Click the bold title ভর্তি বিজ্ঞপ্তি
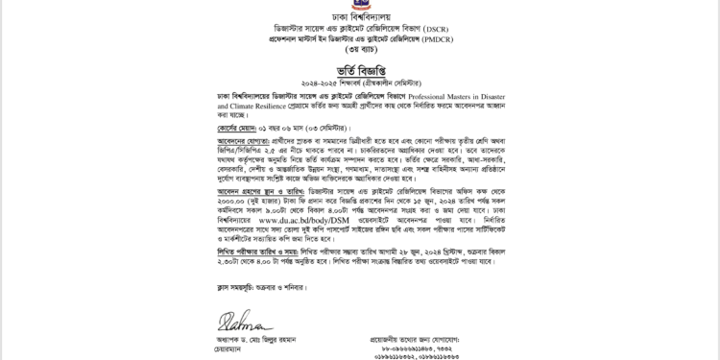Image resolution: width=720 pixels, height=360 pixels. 359,71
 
